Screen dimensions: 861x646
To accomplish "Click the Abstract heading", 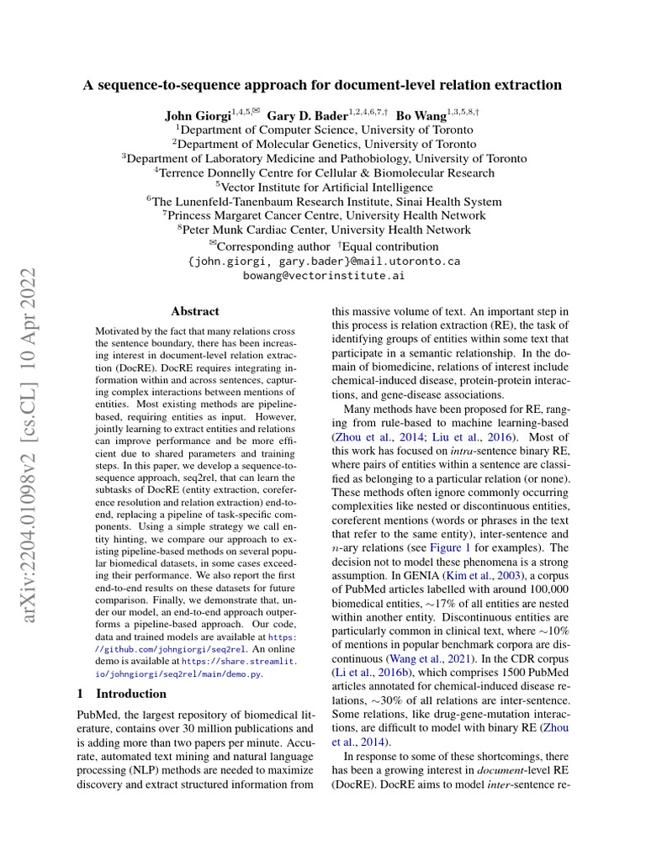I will [194, 311].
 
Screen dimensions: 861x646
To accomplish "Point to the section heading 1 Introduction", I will [121, 694].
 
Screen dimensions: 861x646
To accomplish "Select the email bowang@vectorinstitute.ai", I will [324, 275].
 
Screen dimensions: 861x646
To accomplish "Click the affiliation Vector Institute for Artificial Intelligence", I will [324, 188].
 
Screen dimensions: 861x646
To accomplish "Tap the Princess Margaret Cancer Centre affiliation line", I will [324, 216].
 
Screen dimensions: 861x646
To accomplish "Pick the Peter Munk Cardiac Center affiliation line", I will [324, 230].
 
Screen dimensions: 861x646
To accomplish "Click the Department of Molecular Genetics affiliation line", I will [324, 145].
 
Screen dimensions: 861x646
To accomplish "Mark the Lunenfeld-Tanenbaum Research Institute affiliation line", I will [324, 202].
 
